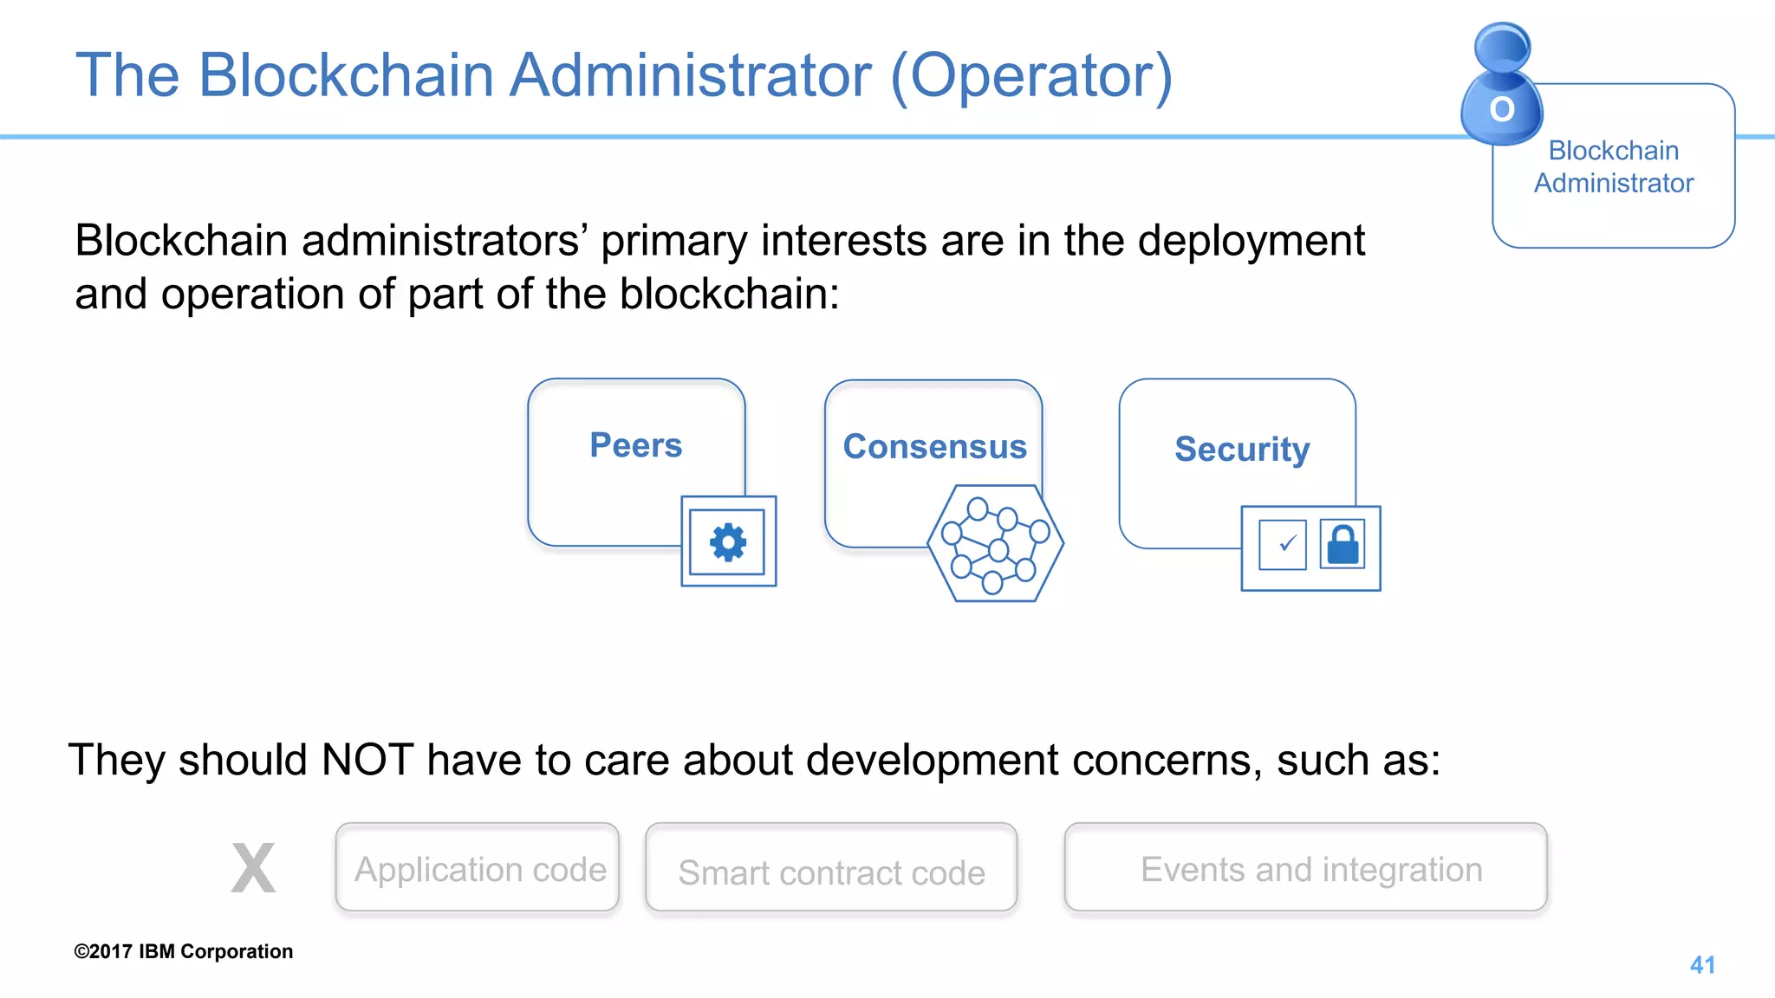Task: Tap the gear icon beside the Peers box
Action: [728, 542]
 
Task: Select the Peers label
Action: [636, 445]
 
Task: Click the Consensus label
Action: [934, 447]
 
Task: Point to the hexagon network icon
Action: [995, 544]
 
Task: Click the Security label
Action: [1241, 450]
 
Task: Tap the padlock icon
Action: [1343, 544]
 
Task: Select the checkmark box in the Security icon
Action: [1283, 545]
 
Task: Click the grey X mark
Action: [253, 867]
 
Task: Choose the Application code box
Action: [478, 868]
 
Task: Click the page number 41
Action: [1702, 964]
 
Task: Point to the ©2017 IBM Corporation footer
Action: [184, 951]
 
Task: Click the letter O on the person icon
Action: [1502, 110]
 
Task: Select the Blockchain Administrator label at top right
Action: [1613, 166]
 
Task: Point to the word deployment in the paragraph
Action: [1251, 241]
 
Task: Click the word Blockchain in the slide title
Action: [347, 76]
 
